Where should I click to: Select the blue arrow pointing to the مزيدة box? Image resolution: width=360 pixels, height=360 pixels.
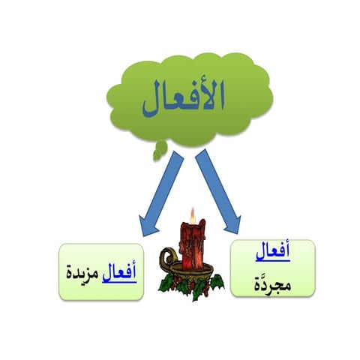point(158,192)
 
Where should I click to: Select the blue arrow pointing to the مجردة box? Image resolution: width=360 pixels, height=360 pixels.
point(218,192)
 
